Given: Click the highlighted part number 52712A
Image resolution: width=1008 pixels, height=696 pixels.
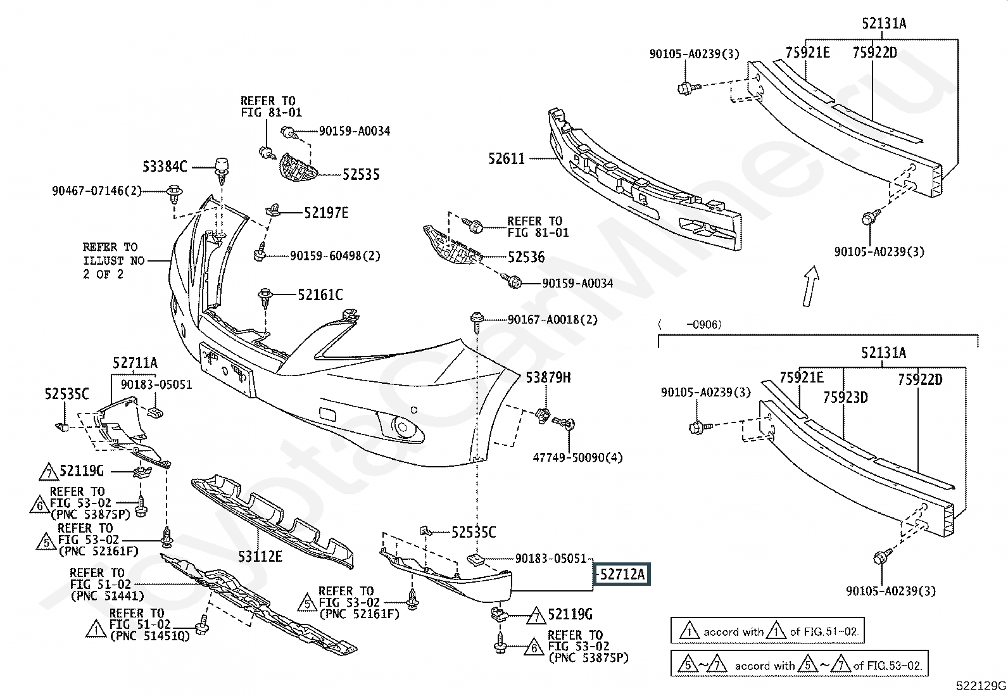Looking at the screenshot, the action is [x=621, y=574].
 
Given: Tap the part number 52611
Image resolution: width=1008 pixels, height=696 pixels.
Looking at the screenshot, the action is [x=507, y=158].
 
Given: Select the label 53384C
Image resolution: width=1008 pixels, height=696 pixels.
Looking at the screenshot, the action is [x=165, y=167].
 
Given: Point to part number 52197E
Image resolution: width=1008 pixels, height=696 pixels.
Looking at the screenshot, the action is [x=326, y=213].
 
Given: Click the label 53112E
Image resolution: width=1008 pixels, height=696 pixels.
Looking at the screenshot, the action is [x=260, y=557].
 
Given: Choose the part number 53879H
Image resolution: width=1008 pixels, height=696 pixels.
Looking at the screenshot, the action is [x=548, y=377].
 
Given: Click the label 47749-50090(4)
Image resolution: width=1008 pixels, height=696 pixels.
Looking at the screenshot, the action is [x=578, y=457].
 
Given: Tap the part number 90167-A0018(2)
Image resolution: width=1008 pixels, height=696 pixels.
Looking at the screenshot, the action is [x=553, y=320].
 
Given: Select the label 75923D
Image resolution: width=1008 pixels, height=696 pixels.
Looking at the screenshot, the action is [x=845, y=397].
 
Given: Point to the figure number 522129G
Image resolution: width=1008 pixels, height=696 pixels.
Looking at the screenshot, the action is [x=981, y=686].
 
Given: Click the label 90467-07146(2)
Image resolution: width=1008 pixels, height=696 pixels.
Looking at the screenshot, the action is [x=97, y=191].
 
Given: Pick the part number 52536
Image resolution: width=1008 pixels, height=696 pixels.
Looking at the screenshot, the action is [x=526, y=257].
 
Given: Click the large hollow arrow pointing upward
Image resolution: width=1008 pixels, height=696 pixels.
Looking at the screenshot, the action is [x=811, y=286].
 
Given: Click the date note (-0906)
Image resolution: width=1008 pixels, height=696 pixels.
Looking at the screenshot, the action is [x=690, y=325].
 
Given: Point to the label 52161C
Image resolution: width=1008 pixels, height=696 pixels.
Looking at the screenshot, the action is [x=320, y=295].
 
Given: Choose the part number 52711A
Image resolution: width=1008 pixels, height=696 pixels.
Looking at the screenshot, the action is [x=135, y=362].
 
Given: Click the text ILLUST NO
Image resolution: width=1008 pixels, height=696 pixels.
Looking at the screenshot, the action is [x=114, y=261].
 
